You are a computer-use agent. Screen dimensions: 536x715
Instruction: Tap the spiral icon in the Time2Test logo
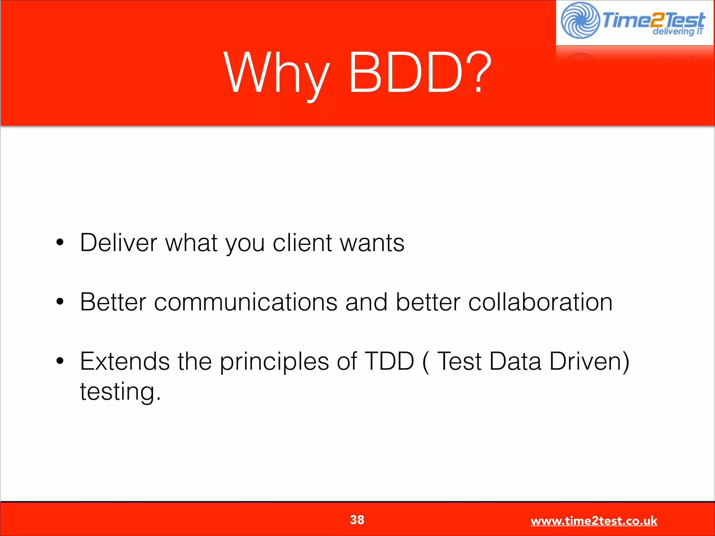tap(580, 20)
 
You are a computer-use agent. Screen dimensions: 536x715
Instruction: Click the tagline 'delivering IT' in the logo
tap(677, 31)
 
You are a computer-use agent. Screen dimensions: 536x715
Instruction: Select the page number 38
tap(357, 520)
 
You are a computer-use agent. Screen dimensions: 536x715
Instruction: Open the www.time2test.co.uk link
tap(594, 521)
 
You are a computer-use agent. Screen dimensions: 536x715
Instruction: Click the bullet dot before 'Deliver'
tap(60, 242)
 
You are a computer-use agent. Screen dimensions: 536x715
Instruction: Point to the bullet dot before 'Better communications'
tap(60, 301)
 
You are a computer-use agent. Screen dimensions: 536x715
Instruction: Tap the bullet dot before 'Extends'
tap(60, 361)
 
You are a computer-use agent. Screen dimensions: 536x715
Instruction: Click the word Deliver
tap(118, 242)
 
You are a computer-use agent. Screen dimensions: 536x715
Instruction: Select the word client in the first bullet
tap(302, 242)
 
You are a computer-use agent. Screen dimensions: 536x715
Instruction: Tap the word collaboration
tap(540, 302)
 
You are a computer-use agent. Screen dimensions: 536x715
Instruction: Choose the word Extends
tap(125, 361)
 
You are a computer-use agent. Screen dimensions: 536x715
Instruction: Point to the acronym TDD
tap(389, 361)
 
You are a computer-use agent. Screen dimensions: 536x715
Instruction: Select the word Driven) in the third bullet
tap(589, 361)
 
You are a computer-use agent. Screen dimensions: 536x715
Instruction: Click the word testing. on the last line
tap(120, 392)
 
